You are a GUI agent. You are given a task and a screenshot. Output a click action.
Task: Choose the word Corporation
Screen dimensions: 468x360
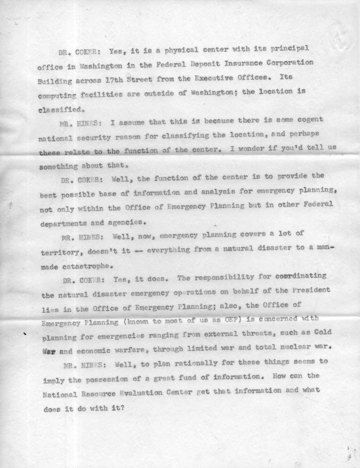tap(289, 62)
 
